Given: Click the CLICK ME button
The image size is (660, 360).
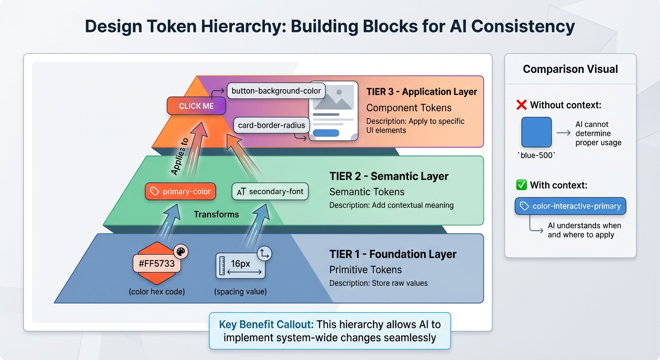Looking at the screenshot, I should point(196,106).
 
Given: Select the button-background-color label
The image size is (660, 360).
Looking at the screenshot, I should point(276,90).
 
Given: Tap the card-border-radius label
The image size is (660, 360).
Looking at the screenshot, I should point(271,125).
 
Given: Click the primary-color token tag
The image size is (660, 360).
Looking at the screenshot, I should point(180,192).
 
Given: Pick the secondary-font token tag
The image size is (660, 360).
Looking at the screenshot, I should point(270,191).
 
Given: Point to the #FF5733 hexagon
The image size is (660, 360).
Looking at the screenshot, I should point(157,263).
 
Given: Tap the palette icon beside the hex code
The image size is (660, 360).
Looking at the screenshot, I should point(180,252).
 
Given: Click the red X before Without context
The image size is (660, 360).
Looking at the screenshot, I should point(521,105).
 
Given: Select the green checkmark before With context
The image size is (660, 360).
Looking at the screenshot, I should point(521,185).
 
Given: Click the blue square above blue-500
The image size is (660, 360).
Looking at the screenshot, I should point(536,133).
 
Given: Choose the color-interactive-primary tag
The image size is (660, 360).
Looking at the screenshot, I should point(570,206).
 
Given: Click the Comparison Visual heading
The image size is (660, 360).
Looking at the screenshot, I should point(570,69).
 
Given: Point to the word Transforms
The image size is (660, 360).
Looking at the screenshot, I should point(216,214).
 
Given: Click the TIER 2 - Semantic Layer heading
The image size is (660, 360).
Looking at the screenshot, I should point(389,176).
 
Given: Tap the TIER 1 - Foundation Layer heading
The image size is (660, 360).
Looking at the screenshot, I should point(393,254).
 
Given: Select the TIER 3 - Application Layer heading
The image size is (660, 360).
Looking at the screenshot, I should point(421,91).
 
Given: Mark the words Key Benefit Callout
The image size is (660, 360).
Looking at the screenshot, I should point(266,324).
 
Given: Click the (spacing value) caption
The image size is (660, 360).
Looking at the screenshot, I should point(240,292).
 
